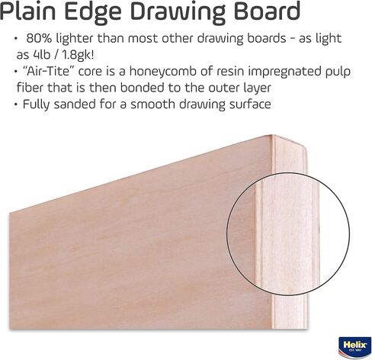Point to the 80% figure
pos(39,38)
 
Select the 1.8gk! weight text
pos(78,56)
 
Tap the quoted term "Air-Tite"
pos(48,71)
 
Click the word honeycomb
pos(163,72)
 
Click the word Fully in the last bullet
pos(37,104)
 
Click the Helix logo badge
pos(354,347)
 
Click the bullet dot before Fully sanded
pos(16,104)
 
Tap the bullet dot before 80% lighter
pos(16,39)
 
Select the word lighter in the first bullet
pos(75,39)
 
